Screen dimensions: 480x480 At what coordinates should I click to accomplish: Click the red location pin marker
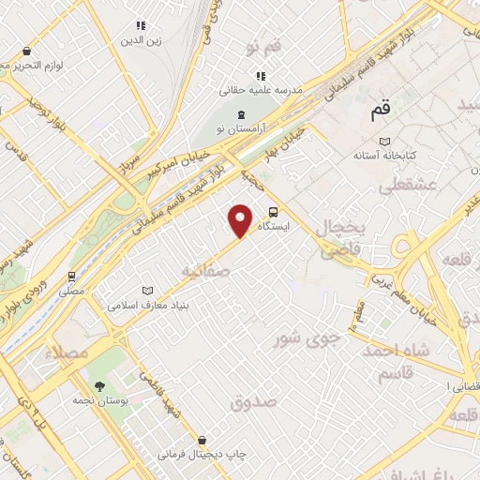(x=241, y=219)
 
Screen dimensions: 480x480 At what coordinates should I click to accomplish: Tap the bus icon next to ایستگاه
(x=273, y=212)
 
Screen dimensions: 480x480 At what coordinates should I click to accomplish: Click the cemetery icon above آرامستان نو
(x=241, y=113)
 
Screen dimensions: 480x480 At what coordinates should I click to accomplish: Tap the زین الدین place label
(x=142, y=41)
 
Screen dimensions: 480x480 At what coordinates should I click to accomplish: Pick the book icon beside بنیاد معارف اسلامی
(x=145, y=292)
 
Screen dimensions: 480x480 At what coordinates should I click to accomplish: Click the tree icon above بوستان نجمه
(x=99, y=386)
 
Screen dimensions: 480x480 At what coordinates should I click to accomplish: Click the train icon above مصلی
(x=71, y=277)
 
